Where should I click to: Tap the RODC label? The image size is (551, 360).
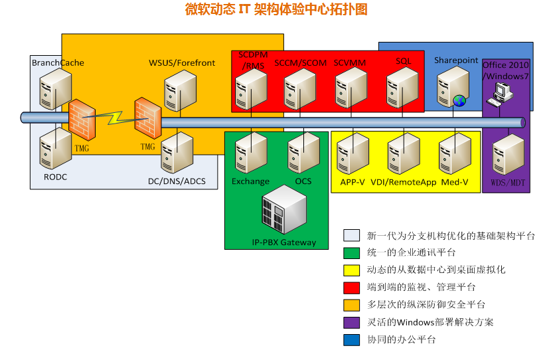[55, 177]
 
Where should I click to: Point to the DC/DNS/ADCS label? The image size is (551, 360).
[177, 181]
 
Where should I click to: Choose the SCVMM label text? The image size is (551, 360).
[350, 62]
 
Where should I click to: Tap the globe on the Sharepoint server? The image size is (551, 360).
[459, 101]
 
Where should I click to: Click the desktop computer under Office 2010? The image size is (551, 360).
[497, 99]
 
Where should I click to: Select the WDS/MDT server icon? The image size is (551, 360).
[506, 154]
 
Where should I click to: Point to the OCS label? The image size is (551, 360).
[303, 181]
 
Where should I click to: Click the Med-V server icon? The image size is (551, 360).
[455, 154]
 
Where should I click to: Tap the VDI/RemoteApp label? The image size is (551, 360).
[403, 182]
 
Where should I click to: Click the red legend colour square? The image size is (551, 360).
[351, 287]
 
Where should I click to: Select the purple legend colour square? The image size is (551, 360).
[351, 321]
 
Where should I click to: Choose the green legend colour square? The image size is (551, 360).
[351, 252]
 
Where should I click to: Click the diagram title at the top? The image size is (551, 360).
[275, 9]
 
